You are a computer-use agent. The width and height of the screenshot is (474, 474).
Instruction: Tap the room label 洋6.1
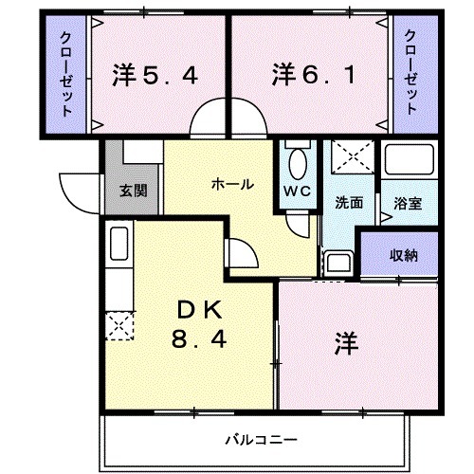click(x=317, y=73)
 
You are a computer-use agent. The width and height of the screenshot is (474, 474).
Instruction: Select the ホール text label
click(x=231, y=184)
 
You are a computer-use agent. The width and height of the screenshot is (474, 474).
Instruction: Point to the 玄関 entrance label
click(x=133, y=190)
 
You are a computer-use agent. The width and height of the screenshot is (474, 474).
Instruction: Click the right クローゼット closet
click(x=410, y=74)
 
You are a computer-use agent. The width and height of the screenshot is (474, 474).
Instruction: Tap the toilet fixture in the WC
click(x=298, y=162)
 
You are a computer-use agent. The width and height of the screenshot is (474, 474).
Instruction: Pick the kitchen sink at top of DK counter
click(x=118, y=245)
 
